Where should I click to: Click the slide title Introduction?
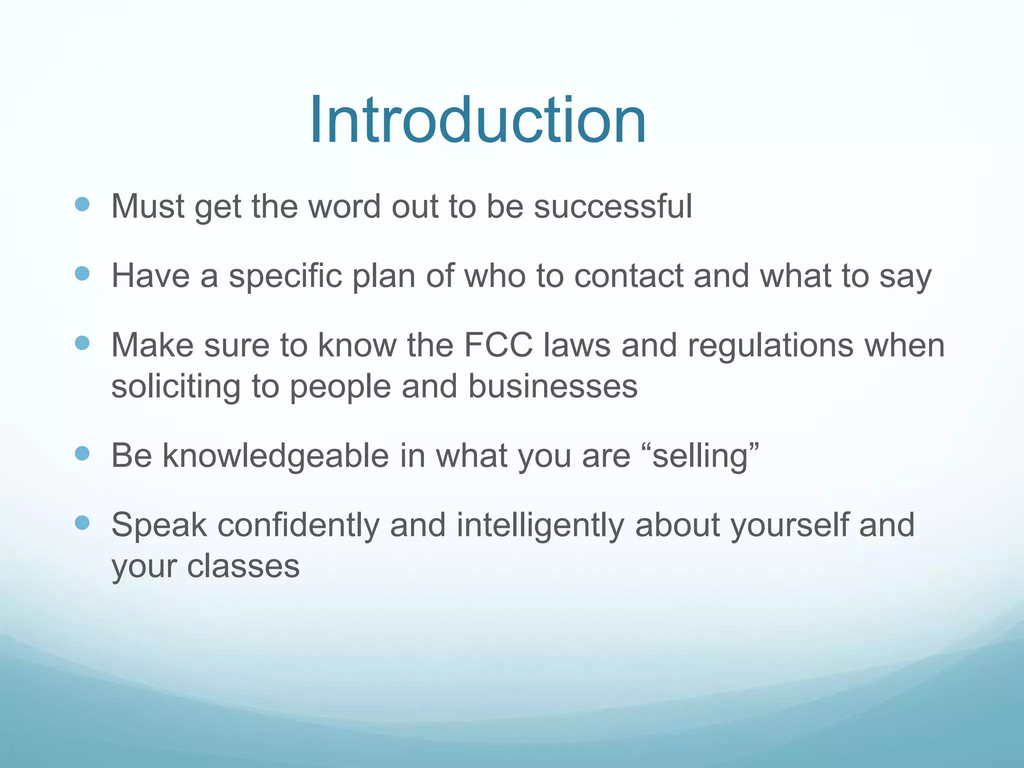coord(478,121)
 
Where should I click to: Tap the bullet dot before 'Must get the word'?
coord(82,204)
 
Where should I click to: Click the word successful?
coord(612,206)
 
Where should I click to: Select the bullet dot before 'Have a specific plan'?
coord(82,273)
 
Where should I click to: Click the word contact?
coord(628,276)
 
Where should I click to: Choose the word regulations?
coord(770,346)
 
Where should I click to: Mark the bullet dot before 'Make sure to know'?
coord(82,343)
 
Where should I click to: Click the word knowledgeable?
coord(275,456)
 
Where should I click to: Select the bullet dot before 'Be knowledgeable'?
coord(82,453)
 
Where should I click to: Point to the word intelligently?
coord(540,525)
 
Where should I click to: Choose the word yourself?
coord(789,525)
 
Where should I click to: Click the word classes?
coord(243,566)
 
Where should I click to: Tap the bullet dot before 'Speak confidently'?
coord(82,523)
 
